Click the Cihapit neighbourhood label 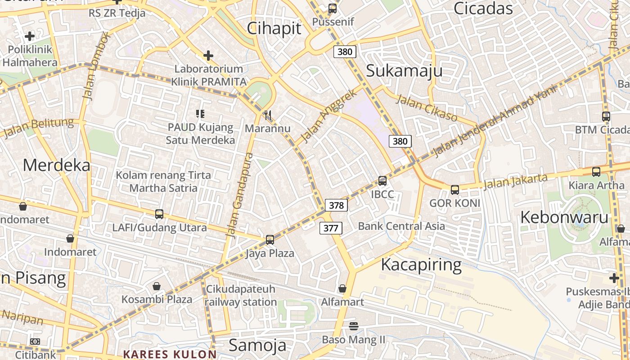click(x=274, y=28)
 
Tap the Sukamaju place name click(x=404, y=71)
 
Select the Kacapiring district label click(x=421, y=265)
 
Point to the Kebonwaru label click(x=564, y=217)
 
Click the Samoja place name click(x=257, y=345)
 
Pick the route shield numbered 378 click(x=336, y=206)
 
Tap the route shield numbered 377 click(x=331, y=228)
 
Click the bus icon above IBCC click(x=382, y=181)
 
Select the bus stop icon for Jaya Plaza click(x=270, y=240)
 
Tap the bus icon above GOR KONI click(x=455, y=189)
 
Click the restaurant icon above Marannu click(x=268, y=116)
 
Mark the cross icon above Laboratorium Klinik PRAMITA click(x=208, y=56)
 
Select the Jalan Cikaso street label click(x=426, y=108)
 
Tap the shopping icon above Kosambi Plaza click(x=157, y=286)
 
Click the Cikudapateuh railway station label click(x=241, y=295)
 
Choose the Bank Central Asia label click(x=401, y=226)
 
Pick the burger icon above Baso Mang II click(x=354, y=326)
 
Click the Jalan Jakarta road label click(x=516, y=180)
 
